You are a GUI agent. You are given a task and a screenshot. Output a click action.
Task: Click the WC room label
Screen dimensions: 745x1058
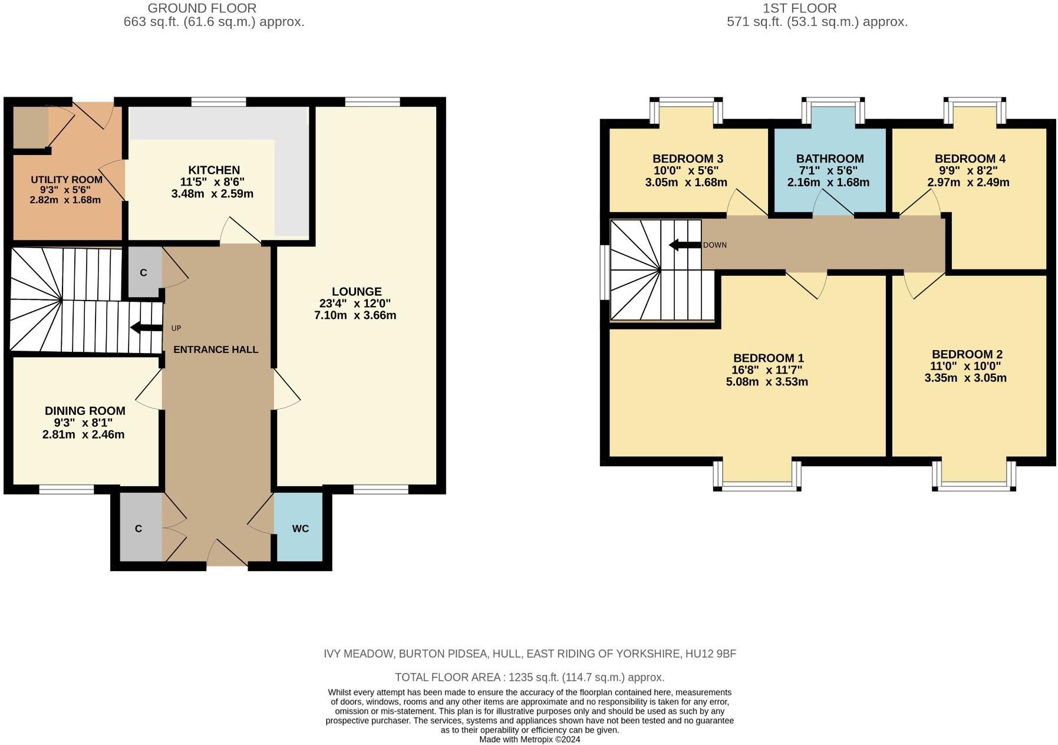coord(300,529)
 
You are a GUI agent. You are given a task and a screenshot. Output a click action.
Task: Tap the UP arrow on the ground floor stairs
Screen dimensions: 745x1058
coord(146,328)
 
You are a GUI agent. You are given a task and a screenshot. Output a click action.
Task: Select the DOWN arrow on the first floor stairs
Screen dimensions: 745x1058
coord(684,245)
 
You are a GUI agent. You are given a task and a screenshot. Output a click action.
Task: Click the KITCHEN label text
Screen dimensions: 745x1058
coord(214,170)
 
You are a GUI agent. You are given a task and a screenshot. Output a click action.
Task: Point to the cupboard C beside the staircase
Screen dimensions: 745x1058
coord(143,272)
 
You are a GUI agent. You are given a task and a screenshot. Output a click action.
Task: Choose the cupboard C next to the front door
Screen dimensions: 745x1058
coord(139,529)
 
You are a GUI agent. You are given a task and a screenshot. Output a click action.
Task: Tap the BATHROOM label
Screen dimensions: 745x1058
coord(829,159)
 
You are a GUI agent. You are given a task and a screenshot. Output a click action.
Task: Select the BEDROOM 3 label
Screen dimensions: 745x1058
coord(687,159)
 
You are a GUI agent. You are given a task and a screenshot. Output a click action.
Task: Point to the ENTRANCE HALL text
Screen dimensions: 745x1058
coord(216,350)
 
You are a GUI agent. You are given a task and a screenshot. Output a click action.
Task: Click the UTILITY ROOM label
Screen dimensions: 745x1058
coord(66,180)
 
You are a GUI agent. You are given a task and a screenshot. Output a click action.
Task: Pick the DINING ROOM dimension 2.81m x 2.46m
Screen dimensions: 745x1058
coord(83,435)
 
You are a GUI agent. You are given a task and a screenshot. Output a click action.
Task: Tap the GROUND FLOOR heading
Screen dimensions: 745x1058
coord(202,8)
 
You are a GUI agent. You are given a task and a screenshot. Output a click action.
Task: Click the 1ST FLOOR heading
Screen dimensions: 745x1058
coord(799,8)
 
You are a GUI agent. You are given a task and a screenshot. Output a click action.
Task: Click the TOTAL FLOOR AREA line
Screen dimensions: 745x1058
coord(529,677)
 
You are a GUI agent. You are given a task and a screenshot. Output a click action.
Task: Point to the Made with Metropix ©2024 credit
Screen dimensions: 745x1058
coord(529,739)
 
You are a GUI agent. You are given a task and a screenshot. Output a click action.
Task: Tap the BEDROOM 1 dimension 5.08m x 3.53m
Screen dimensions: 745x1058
coord(766,382)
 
